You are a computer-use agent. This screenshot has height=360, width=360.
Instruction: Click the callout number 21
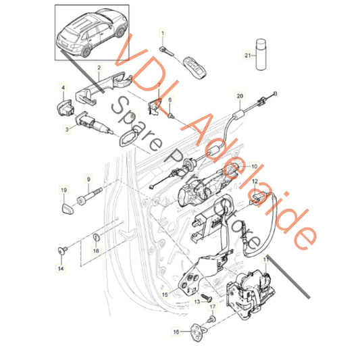coord(247,55)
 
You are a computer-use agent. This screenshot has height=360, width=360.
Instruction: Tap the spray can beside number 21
coord(261,55)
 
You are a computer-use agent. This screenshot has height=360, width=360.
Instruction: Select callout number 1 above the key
coord(163,34)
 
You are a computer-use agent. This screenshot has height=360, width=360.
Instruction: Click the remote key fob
coord(195,68)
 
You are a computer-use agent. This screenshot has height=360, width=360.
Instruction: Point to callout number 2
coord(99,68)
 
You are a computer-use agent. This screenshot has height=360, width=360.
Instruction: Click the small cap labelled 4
coord(65,107)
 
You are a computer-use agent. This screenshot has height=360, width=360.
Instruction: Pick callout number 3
coord(67,129)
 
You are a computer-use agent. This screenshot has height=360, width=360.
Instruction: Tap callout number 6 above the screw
coord(170,100)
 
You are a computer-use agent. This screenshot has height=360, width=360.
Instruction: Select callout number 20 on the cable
coord(240,95)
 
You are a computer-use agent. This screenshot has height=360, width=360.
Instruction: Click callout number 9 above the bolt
coord(89,179)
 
